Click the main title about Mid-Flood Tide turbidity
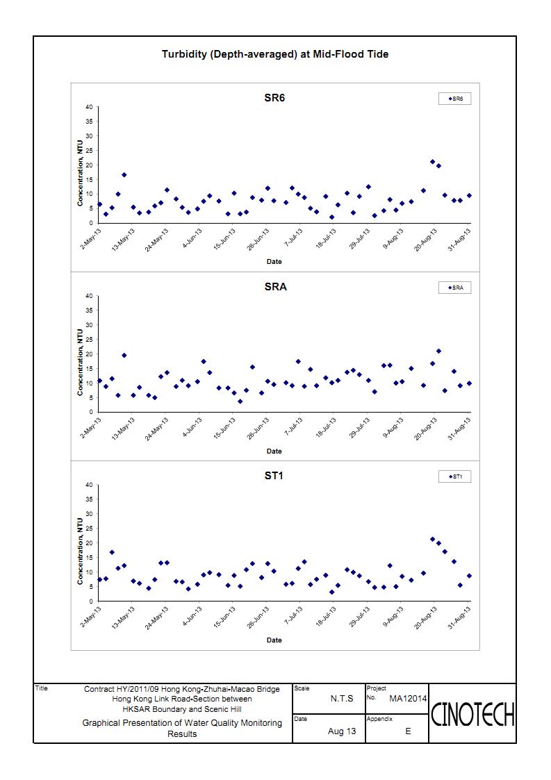274,54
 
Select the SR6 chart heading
274,97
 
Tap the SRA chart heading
275,286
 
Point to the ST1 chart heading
274,476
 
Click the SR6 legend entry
455,99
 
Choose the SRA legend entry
455,288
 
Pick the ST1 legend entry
455,476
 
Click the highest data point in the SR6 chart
432,162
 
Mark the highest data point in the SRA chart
438,351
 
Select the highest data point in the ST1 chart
432,539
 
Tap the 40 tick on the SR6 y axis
88,107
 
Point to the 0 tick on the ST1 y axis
90,600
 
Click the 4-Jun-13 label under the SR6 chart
193,238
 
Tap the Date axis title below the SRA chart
274,451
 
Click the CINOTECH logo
472,713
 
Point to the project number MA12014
408,698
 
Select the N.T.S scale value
341,699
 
